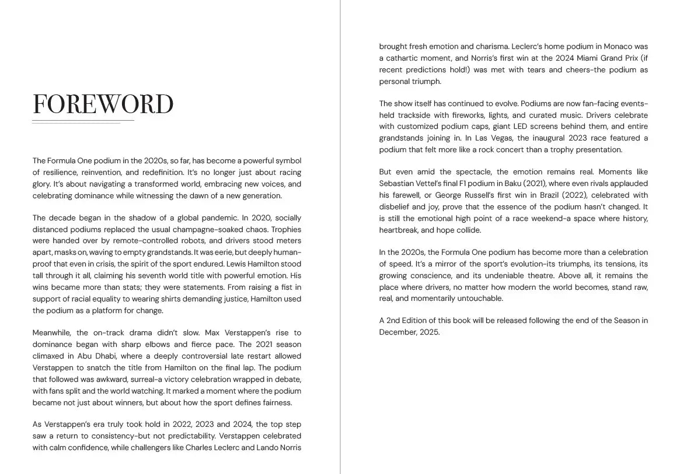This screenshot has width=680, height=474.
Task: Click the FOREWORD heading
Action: [x=103, y=104]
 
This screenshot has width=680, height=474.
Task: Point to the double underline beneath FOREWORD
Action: [x=82, y=122]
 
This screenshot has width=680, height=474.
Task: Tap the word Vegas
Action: [x=498, y=138]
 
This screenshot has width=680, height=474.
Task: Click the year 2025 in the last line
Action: [x=428, y=332]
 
